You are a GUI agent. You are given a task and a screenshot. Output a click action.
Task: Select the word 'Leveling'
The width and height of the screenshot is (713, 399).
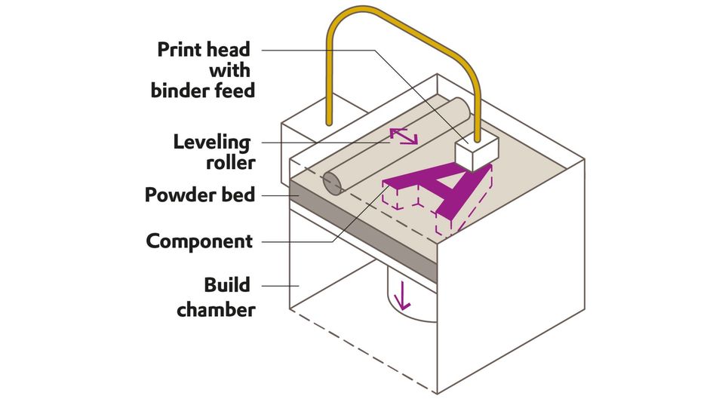(211, 142)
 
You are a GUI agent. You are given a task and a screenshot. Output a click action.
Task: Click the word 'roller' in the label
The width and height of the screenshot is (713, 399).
(229, 161)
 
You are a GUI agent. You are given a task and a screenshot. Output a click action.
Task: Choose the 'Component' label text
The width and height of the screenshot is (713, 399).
(199, 241)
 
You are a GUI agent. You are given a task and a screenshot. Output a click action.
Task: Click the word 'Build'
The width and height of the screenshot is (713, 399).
(227, 286)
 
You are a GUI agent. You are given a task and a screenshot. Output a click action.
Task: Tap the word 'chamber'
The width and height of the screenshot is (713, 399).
(216, 308)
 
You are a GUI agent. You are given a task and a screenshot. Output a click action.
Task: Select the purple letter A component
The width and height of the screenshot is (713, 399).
(445, 189)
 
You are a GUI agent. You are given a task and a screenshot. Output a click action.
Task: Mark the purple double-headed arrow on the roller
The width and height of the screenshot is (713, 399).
(403, 137)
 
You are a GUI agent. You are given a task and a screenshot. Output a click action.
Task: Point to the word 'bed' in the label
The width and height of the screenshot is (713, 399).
(238, 195)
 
